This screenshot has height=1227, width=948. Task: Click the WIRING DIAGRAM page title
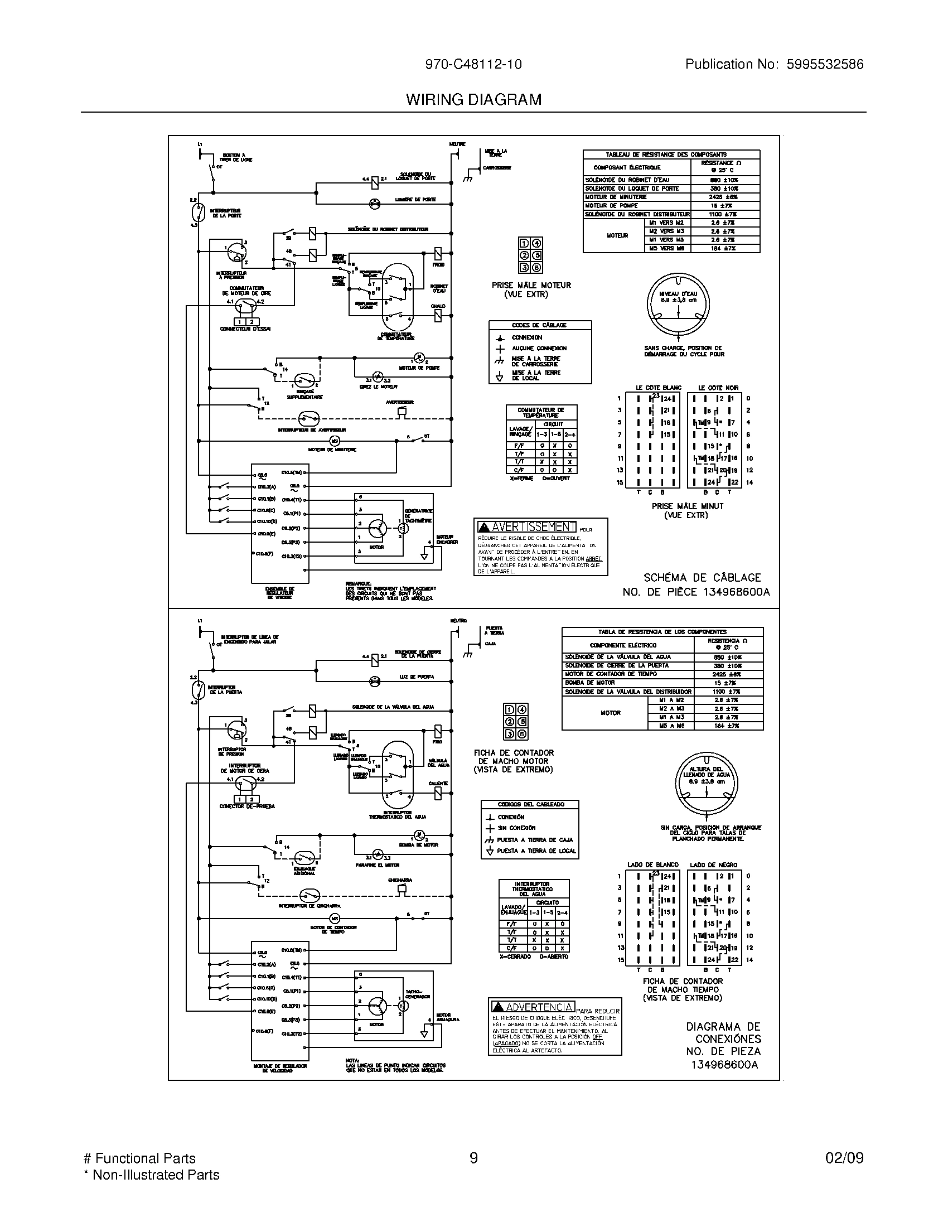tap(473, 99)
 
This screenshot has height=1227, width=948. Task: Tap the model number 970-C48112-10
tap(473, 64)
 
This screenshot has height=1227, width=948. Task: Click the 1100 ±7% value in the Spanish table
tap(728, 692)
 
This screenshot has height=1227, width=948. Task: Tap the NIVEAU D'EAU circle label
tap(678, 297)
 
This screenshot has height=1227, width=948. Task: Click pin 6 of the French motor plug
tap(537, 268)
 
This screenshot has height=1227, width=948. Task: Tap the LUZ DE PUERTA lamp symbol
tap(374, 681)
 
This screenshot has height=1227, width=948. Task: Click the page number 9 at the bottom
tap(473, 1158)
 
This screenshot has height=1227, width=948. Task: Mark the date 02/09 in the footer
tap(844, 1158)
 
